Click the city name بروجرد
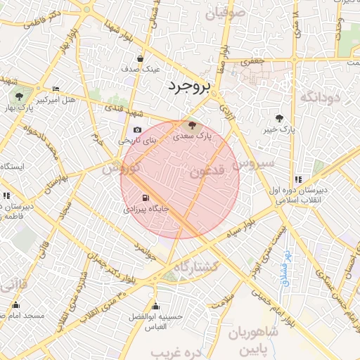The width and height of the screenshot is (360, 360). (189, 86)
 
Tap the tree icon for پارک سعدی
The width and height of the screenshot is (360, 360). (193, 124)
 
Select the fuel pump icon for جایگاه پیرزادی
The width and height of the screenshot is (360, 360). (146, 198)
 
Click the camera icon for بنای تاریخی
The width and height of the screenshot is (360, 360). (137, 130)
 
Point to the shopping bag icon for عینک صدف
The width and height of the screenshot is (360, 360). (141, 59)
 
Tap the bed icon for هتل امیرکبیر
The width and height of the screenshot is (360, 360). (56, 89)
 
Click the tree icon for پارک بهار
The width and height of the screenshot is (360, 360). (19, 96)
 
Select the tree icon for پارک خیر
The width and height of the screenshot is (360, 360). (281, 119)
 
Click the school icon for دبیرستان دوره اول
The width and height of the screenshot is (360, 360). (299, 179)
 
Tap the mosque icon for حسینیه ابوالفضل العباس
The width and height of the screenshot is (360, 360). (155, 307)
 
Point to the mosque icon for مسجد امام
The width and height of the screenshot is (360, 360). (15, 305)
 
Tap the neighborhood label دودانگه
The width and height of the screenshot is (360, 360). (320, 97)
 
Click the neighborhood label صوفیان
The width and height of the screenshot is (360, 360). (225, 11)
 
